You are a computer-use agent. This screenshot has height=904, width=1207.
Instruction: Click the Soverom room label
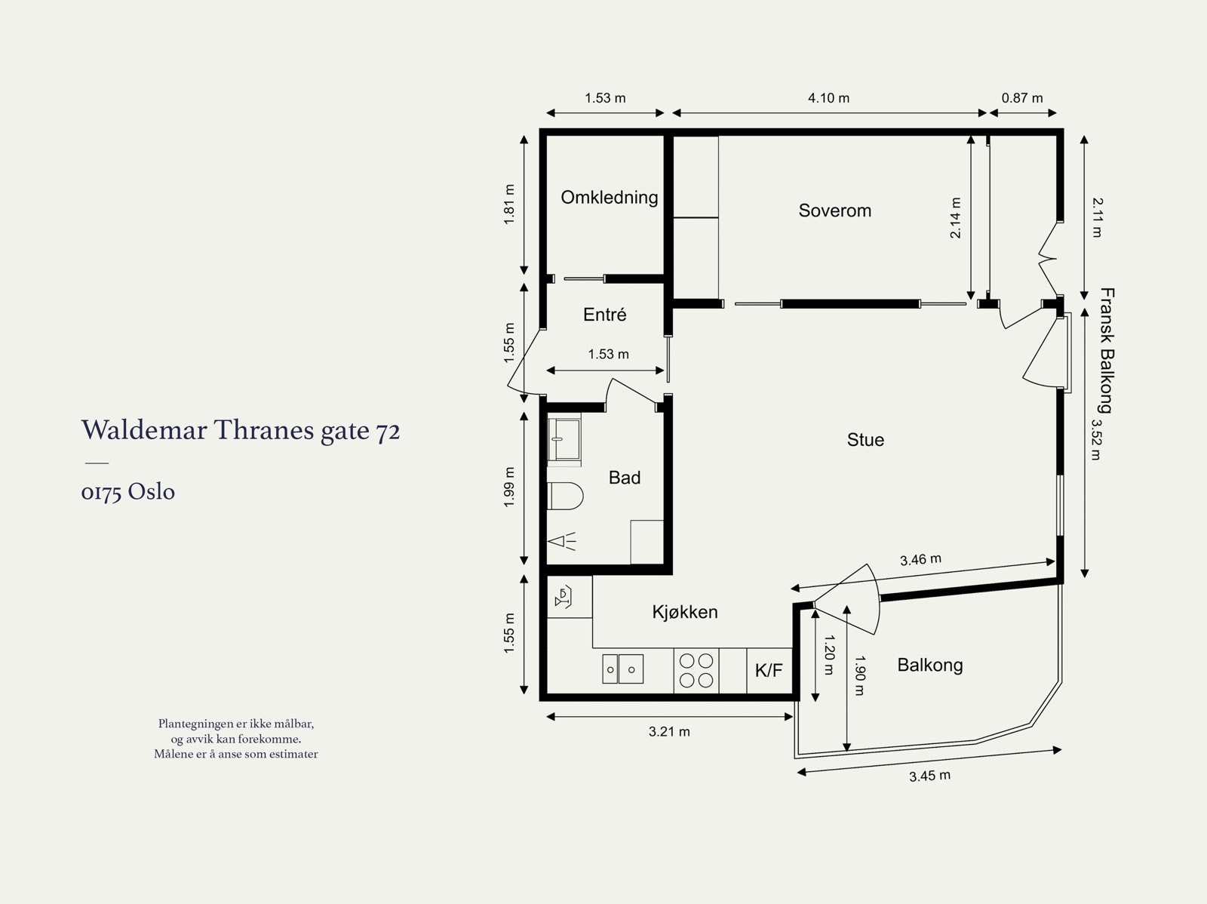pos(835,211)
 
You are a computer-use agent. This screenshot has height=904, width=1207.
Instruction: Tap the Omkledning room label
pos(610,198)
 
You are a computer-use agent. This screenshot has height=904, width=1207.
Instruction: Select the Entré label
pos(604,315)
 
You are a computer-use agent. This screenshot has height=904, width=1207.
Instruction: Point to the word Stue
pos(865,440)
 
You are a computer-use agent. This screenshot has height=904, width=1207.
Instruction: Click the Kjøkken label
pos(685,612)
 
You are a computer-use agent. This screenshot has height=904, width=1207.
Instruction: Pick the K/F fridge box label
pos(769,670)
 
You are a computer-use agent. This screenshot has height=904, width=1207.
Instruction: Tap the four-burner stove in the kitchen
pos(696,670)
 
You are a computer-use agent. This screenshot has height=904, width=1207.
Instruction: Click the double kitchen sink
pos(622,669)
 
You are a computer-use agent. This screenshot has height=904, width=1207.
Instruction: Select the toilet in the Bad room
pos(565,496)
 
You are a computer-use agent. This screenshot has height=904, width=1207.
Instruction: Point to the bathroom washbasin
pos(564,439)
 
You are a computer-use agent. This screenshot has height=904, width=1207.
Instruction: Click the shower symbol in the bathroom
pos(562,541)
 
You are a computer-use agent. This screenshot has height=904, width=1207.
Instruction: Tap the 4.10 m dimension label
pos(828,98)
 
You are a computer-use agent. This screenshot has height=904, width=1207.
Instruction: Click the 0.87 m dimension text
pos(1021,98)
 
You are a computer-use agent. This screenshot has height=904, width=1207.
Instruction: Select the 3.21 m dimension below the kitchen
pos(669,731)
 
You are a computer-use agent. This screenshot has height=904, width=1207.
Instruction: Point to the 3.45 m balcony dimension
pos(929,776)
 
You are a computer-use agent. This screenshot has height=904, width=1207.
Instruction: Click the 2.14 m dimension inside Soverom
pos(955,218)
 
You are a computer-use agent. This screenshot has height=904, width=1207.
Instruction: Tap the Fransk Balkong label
pos(1107,350)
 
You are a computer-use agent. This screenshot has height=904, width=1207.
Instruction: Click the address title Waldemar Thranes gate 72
pos(241,431)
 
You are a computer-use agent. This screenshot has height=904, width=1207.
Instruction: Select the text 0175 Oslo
pos(128,492)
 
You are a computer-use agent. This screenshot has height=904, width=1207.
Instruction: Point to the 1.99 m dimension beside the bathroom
pos(509,487)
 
